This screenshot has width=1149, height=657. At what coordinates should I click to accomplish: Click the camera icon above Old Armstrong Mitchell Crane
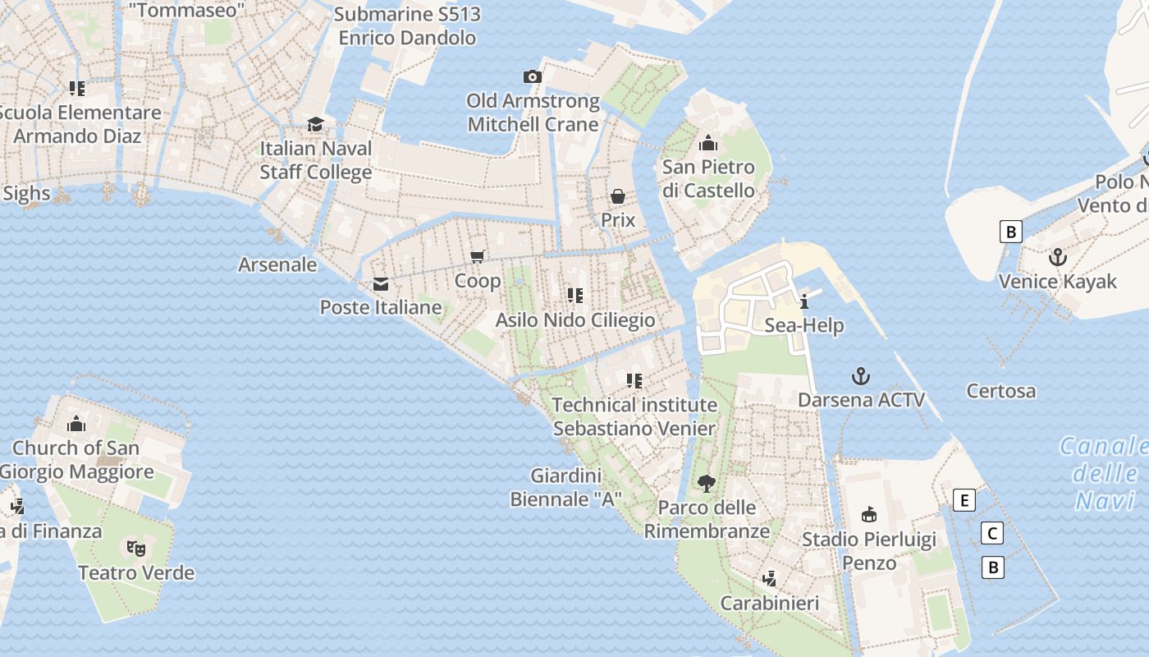(533, 77)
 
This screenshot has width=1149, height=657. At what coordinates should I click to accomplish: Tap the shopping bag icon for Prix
(618, 196)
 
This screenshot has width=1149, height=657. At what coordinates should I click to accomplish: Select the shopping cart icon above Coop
(478, 257)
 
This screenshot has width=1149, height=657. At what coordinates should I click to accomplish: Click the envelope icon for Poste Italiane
(381, 284)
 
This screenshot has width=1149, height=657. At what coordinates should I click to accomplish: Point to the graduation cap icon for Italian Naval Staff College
(316, 125)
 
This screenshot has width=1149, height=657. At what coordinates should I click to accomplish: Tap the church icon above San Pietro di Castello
(708, 144)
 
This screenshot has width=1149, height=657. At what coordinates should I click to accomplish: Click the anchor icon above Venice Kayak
(1058, 258)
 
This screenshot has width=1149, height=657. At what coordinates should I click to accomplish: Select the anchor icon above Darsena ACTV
(861, 377)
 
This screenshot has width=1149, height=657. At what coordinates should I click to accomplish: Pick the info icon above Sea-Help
(804, 301)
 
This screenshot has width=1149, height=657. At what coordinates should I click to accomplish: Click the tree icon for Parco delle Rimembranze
(706, 484)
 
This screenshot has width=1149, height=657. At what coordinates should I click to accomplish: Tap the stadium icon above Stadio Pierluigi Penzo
(868, 515)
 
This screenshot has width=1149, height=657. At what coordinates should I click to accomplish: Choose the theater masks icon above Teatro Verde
(135, 548)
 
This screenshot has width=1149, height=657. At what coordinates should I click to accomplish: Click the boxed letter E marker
(964, 500)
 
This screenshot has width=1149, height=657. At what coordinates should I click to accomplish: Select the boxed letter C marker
(992, 534)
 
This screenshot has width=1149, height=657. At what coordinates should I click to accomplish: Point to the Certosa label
(1000, 391)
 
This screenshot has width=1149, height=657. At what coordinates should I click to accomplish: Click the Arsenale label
(277, 264)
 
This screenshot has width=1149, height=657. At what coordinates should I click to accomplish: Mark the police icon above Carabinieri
(769, 579)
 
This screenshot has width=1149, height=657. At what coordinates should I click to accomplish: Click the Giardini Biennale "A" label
(566, 487)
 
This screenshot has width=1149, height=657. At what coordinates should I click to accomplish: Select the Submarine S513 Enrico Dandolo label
(407, 26)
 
